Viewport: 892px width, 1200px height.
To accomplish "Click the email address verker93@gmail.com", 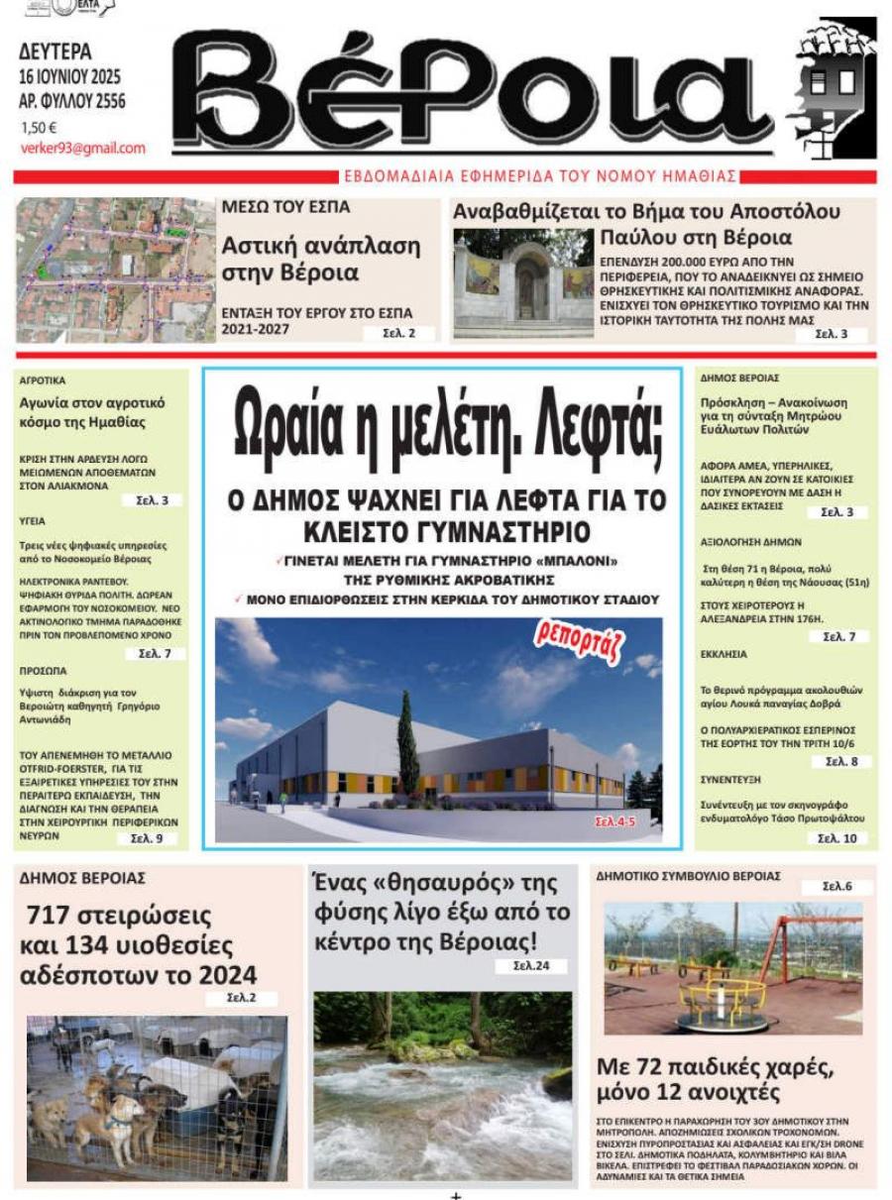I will tap(83, 149).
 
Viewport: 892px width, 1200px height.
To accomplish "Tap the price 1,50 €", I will tap(40, 127).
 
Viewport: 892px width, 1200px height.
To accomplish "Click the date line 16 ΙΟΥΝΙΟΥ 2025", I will tap(71, 76).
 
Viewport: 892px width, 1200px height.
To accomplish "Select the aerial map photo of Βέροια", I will tap(116, 270).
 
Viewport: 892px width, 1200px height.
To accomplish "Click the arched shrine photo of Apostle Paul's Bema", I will tap(523, 281).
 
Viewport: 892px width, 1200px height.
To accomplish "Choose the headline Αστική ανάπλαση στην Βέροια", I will tap(320, 259).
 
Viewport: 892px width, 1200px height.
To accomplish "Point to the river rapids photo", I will tap(442, 1084).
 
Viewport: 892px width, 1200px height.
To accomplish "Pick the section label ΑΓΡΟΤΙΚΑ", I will tap(43, 380).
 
